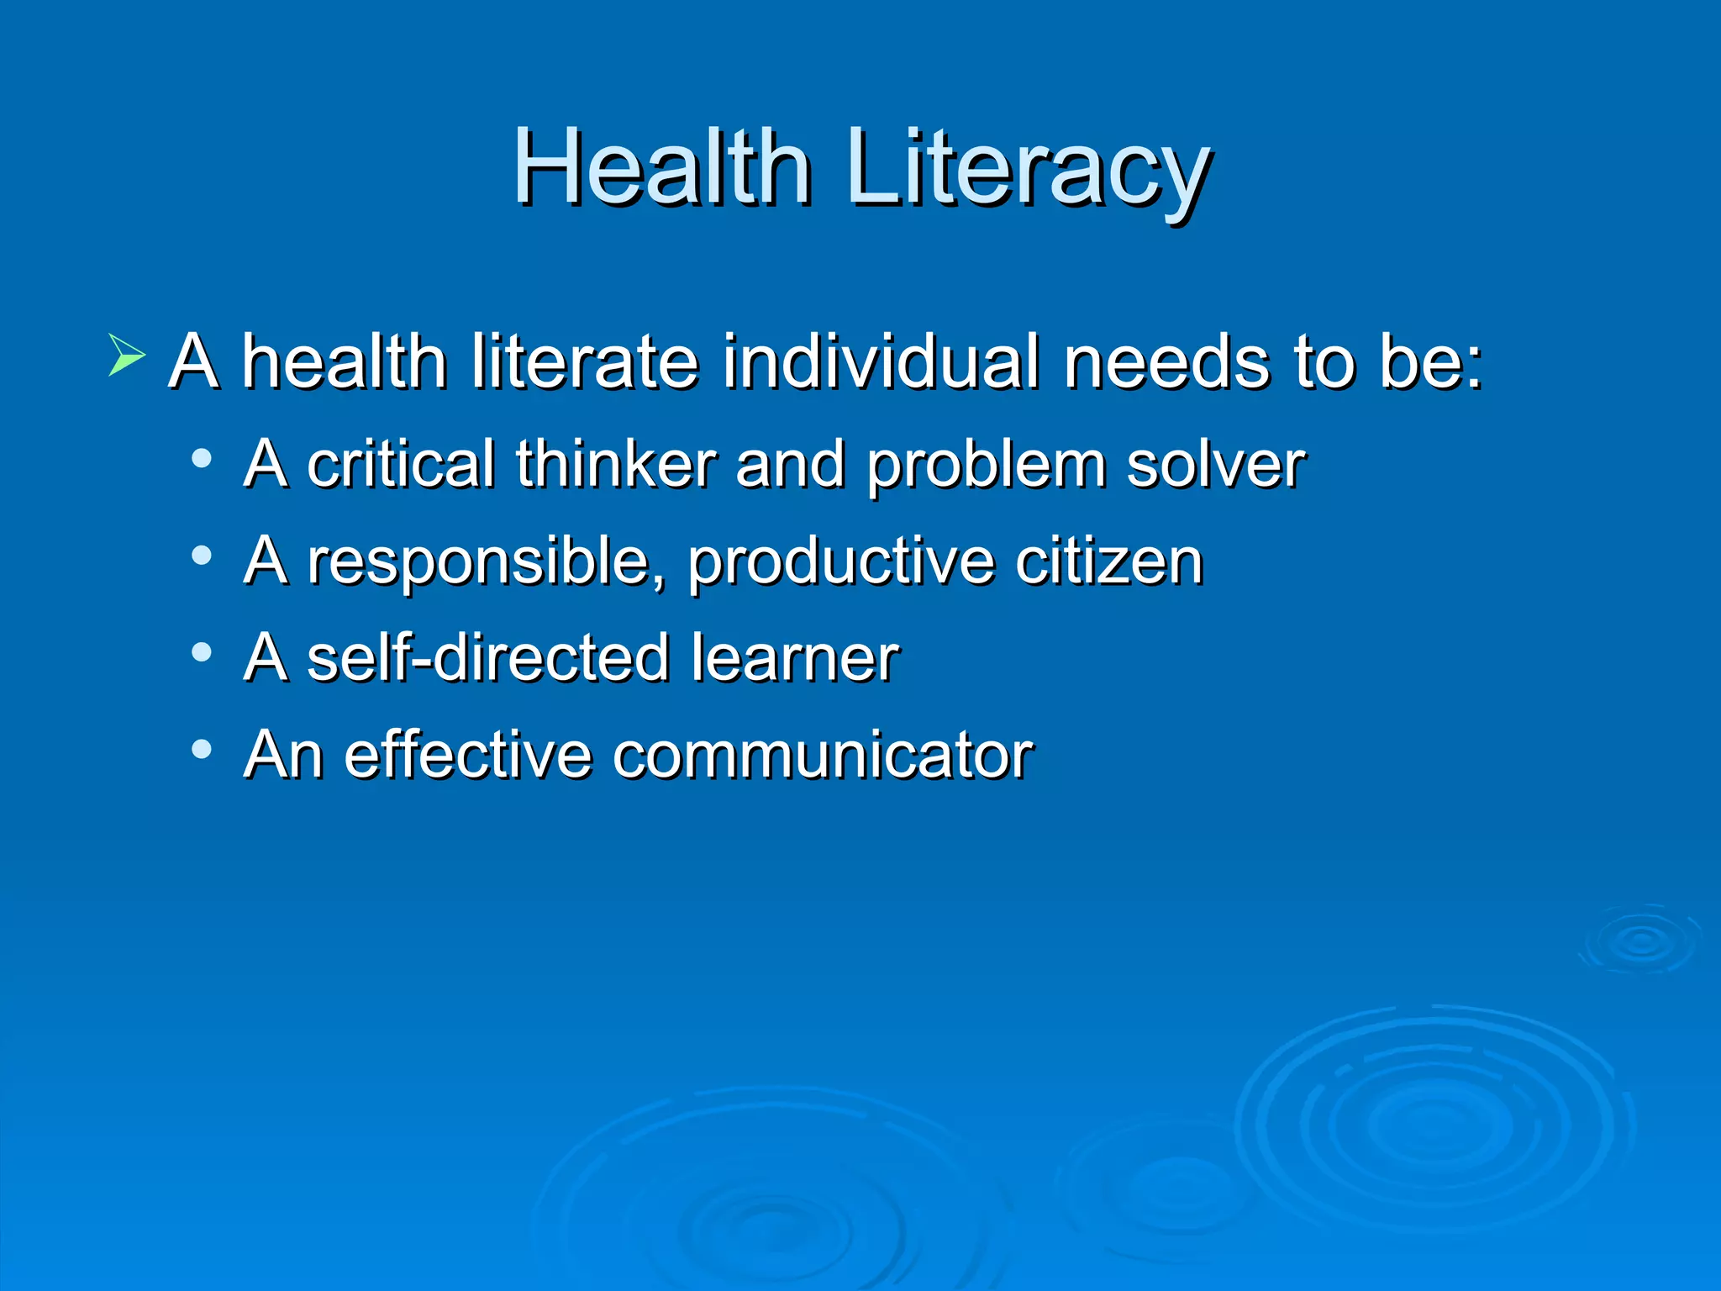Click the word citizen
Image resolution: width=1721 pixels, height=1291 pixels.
coord(1109,561)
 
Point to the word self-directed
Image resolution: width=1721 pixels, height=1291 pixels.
coord(488,657)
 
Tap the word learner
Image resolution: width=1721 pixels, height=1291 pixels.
coord(795,657)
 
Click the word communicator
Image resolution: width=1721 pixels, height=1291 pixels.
coord(823,754)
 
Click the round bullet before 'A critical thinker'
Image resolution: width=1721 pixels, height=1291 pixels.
coord(202,459)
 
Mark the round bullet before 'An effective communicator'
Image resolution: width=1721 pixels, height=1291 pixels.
coord(202,749)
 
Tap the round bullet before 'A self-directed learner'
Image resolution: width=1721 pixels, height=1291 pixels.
coord(202,652)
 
